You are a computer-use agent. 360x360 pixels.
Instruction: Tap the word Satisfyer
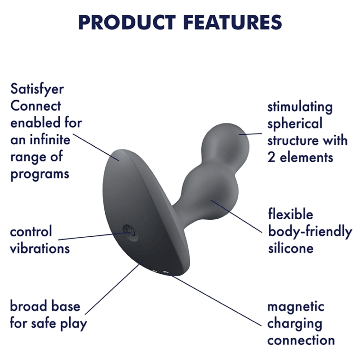37,89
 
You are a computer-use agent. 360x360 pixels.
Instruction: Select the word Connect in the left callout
35,106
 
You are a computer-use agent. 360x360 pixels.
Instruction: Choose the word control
31,232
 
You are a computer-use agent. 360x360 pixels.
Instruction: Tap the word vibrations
40,249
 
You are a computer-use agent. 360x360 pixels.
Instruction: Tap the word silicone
290,248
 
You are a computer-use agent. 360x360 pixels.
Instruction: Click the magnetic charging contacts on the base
161,272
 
